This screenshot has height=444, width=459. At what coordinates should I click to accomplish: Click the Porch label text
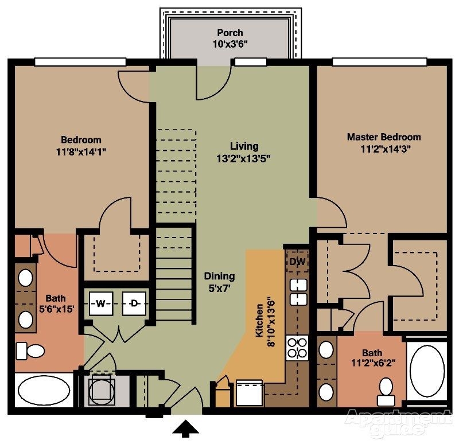229,33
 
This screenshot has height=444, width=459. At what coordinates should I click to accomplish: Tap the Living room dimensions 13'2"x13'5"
244,159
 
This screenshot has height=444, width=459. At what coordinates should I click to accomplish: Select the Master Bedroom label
383,137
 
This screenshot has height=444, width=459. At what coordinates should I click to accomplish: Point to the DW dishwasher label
297,262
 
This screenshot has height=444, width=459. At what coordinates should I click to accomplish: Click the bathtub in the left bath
44,391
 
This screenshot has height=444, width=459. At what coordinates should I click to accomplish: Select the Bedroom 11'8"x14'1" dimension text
81,152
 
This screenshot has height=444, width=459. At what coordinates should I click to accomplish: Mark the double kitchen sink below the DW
297,292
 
